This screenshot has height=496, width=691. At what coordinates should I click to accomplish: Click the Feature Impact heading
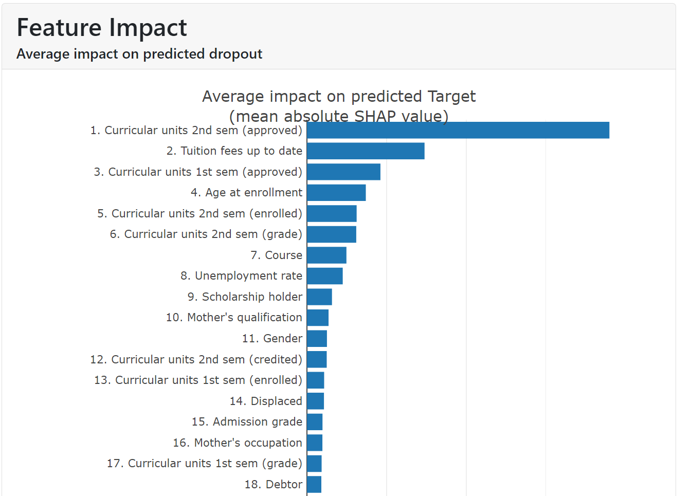click(x=102, y=28)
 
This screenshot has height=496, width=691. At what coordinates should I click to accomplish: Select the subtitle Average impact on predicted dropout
click(x=139, y=54)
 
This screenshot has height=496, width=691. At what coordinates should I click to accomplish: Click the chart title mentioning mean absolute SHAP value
click(x=338, y=106)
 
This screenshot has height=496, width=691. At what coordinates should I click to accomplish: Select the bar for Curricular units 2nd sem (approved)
click(x=458, y=131)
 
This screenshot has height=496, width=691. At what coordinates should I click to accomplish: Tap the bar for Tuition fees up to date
click(x=366, y=151)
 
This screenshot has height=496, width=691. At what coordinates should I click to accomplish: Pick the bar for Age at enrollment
click(x=336, y=193)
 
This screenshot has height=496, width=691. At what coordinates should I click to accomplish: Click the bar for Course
click(x=326, y=255)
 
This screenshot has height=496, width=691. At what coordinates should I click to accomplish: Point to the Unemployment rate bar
click(x=325, y=276)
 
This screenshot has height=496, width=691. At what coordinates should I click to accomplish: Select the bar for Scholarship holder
click(x=319, y=297)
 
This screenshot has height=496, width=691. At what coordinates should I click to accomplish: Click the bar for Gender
click(x=317, y=339)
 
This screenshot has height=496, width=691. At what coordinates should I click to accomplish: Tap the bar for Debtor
click(x=314, y=484)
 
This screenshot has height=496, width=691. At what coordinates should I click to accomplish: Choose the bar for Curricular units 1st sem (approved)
click(x=343, y=172)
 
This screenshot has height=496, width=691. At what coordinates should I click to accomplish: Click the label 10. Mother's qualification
click(x=234, y=318)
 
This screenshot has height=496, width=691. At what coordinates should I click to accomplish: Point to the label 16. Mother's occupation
click(x=238, y=443)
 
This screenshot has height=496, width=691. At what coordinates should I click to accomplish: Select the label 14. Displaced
click(x=266, y=401)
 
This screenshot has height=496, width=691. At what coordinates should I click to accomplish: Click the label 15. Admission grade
click(x=247, y=422)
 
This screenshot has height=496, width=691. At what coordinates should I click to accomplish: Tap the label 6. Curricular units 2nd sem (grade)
click(x=206, y=234)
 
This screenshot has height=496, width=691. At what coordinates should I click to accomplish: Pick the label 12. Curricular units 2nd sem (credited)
click(x=196, y=359)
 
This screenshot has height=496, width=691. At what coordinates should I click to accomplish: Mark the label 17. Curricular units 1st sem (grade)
click(x=204, y=464)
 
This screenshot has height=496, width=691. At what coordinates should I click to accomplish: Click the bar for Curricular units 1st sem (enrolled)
click(x=316, y=380)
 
